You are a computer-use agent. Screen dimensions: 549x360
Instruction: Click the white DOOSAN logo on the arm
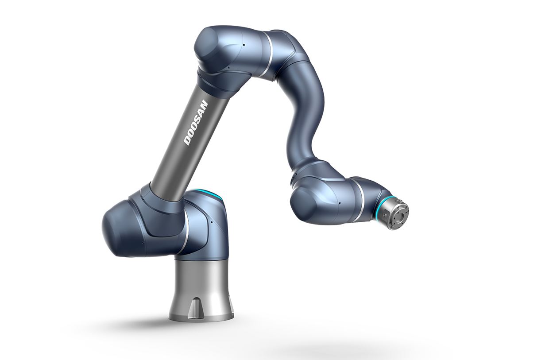(196, 123)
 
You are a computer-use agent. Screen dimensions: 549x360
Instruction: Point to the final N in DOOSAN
(204, 104)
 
